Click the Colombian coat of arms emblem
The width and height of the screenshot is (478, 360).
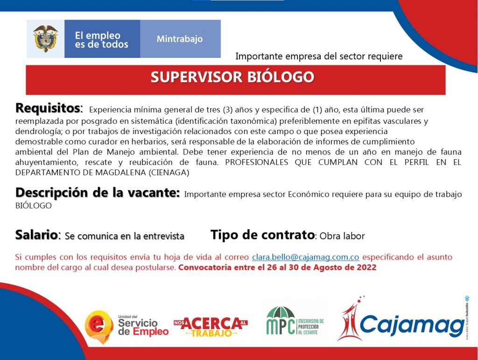pyautogui.click(x=45, y=38)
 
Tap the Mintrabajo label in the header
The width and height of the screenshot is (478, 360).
pyautogui.click(x=180, y=39)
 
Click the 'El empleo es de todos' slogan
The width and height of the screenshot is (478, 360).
pyautogui.click(x=101, y=40)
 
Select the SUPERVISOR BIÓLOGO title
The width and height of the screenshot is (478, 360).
pyautogui.click(x=232, y=77)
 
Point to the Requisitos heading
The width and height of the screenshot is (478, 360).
pyautogui.click(x=49, y=108)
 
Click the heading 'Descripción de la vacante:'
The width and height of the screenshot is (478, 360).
pyautogui.click(x=98, y=193)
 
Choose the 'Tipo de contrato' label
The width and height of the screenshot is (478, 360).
pyautogui.click(x=262, y=235)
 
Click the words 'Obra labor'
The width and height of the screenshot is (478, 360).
pyautogui.click(x=342, y=236)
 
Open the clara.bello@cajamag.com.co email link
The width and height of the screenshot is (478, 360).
pyautogui.click(x=305, y=257)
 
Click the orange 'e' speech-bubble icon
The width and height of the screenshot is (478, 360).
pyautogui.click(x=97, y=327)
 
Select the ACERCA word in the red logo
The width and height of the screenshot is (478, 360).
pyautogui.click(x=211, y=324)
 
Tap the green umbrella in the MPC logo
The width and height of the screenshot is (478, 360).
pyautogui.click(x=281, y=312)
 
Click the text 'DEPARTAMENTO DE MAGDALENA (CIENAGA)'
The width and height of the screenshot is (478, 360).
pyautogui.click(x=102, y=173)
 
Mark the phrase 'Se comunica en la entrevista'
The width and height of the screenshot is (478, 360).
pyautogui.click(x=125, y=236)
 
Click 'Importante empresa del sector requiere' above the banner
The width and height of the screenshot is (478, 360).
pyautogui.click(x=319, y=56)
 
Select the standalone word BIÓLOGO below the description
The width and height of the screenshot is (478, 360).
pyautogui.click(x=34, y=205)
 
